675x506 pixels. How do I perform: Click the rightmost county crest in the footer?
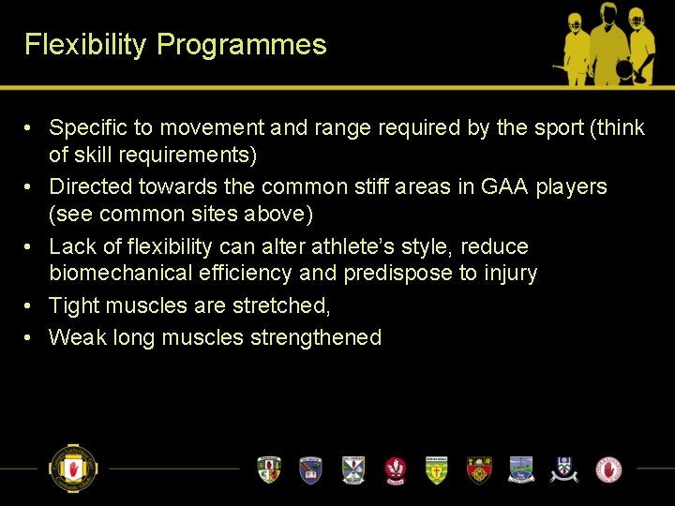pyautogui.click(x=609, y=469)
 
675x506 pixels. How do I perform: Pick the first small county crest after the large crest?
pyautogui.click(x=269, y=469)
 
